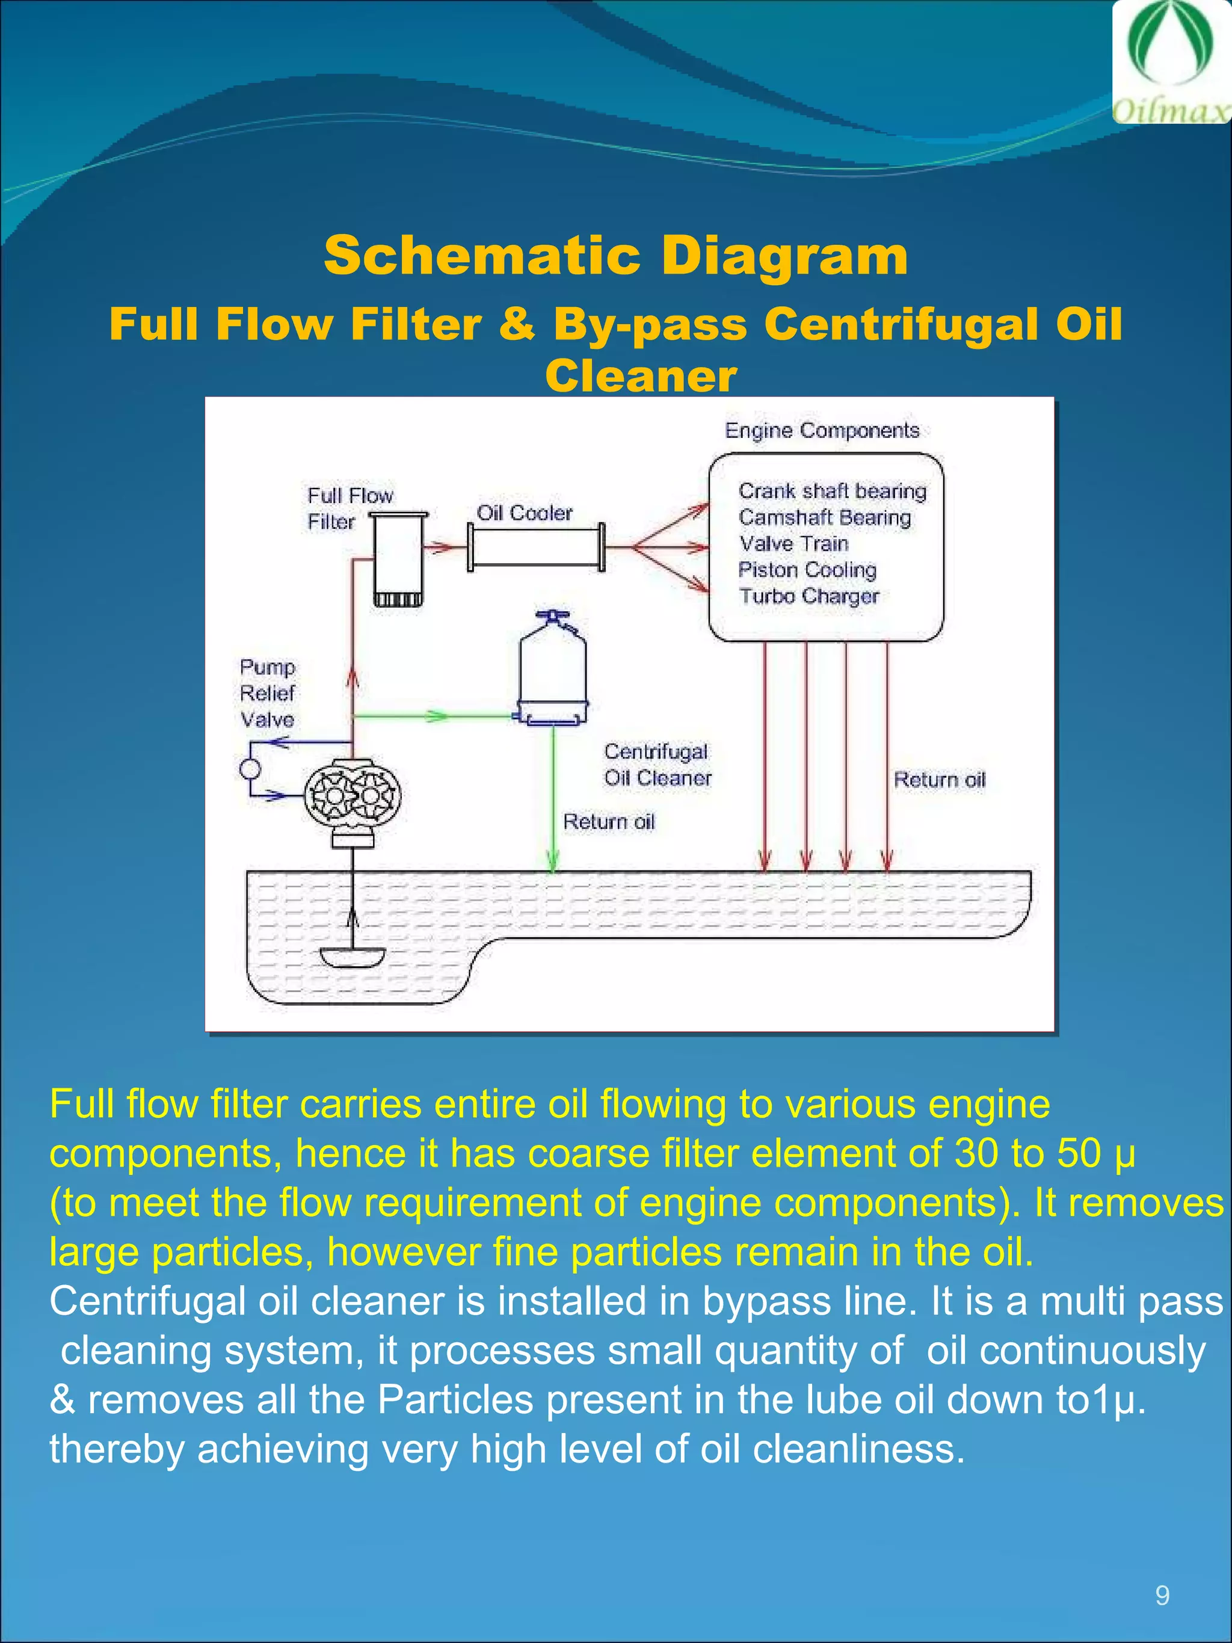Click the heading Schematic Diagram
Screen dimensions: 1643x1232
tap(615, 254)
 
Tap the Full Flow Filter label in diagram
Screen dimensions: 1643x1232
tap(349, 508)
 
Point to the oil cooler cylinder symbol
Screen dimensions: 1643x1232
tap(535, 547)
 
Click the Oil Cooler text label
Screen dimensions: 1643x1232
tap(525, 513)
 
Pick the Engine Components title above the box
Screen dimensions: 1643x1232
tap(821, 431)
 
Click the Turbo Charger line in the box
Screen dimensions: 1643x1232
tap(808, 596)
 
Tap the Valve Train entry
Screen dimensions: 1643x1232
tap(793, 544)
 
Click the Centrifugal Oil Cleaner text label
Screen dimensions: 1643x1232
tap(658, 764)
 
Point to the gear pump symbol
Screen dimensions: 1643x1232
tap(354, 795)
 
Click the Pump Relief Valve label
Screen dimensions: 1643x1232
tap(267, 693)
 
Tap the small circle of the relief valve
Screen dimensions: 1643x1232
tap(250, 769)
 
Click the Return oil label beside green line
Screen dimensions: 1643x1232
tap(608, 822)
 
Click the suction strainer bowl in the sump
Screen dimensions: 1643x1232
tap(353, 957)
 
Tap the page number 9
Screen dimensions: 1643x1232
tap(1162, 1596)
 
